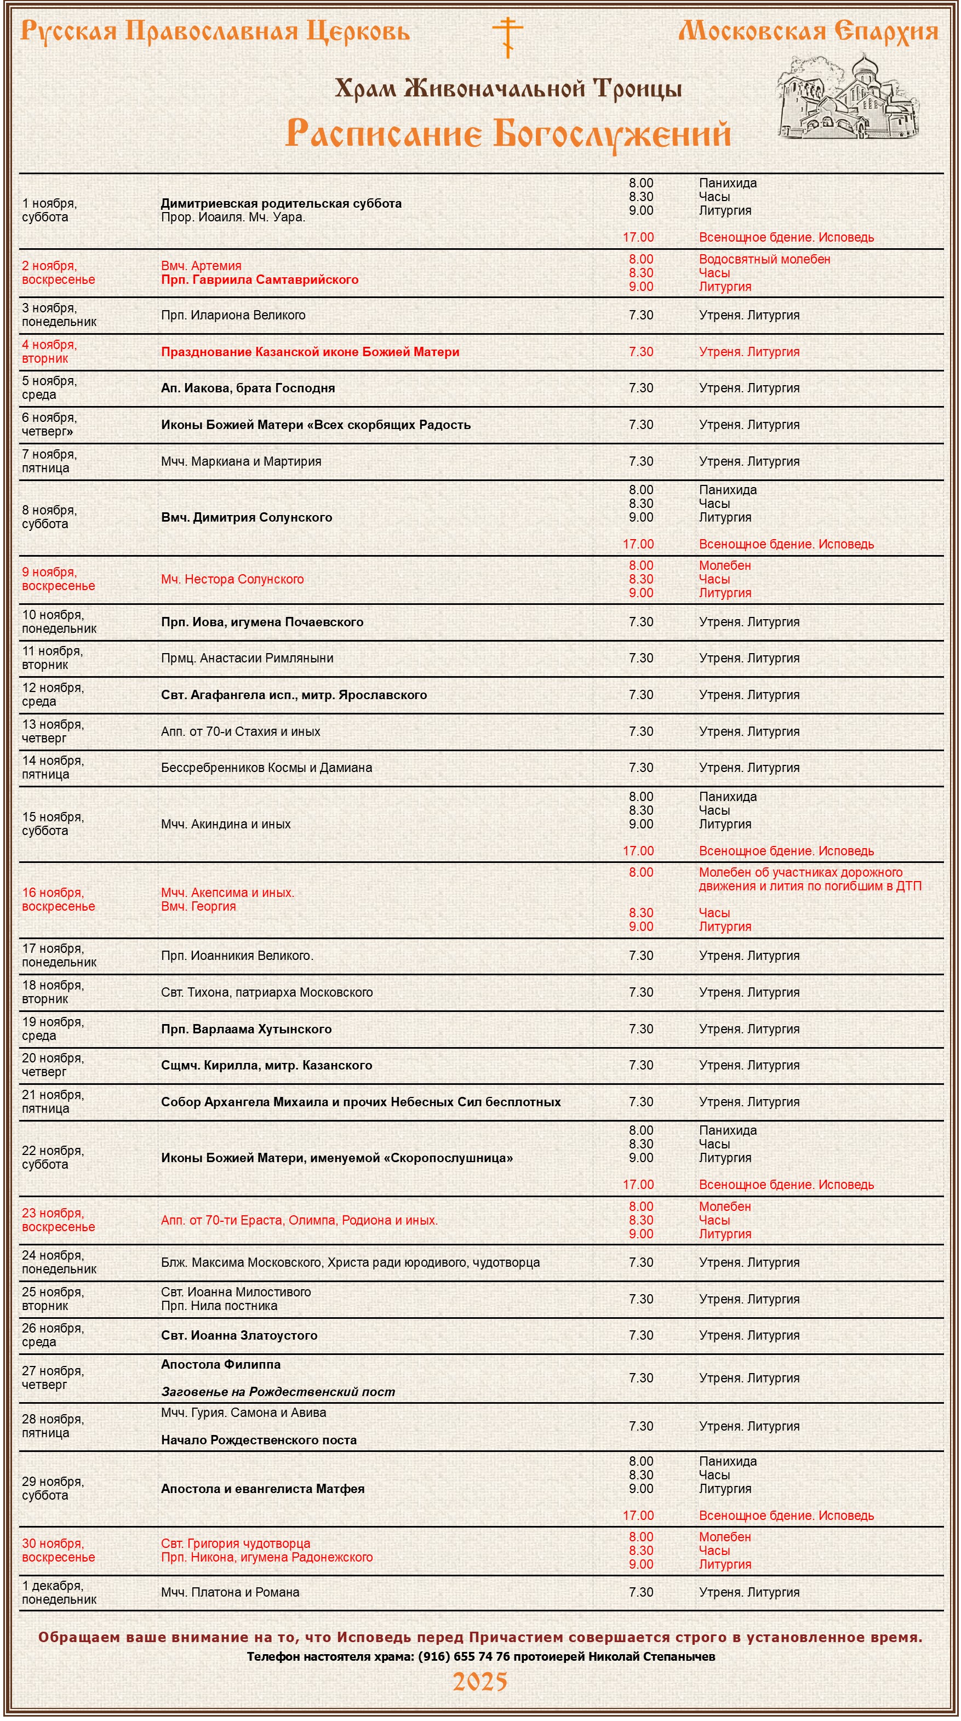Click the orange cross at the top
[x=508, y=36]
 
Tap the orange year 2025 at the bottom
[x=480, y=1682]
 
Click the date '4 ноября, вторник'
[x=49, y=351]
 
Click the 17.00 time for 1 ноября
[x=638, y=237]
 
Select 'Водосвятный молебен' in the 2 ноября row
[x=764, y=259]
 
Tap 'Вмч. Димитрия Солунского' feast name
[x=247, y=517]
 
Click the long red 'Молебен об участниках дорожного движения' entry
[x=810, y=879]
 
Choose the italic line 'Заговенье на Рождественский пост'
[x=278, y=1392]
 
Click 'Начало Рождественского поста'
[x=259, y=1440]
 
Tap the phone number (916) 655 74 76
[x=464, y=1656]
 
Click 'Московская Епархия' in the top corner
[x=808, y=31]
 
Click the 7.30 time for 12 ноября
[x=641, y=695]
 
